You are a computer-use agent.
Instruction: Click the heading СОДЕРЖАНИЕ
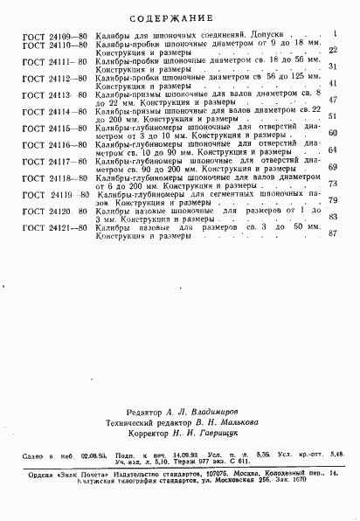click(x=179, y=16)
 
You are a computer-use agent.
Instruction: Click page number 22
click(x=333, y=51)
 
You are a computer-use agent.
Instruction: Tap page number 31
click(x=333, y=67)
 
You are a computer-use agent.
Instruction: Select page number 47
click(x=333, y=101)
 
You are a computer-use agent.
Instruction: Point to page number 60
click(x=333, y=133)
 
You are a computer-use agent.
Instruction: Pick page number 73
click(x=333, y=184)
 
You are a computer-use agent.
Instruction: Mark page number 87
click(x=333, y=233)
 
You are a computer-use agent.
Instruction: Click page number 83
click(x=333, y=217)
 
